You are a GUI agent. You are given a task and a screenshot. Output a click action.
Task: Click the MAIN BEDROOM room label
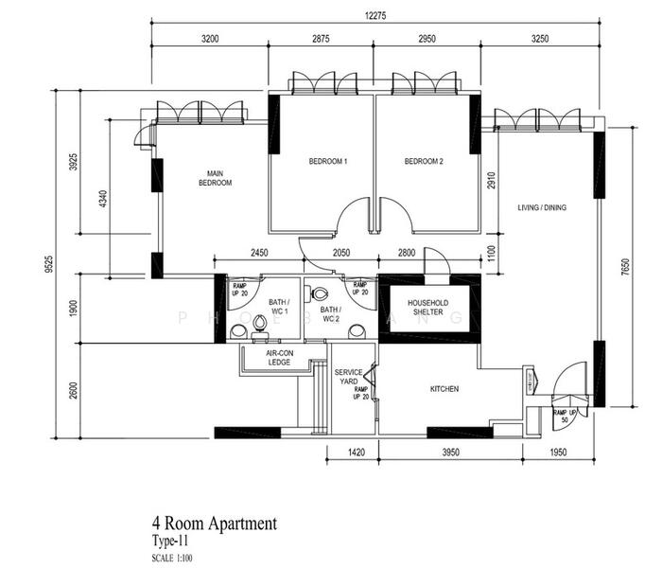215,178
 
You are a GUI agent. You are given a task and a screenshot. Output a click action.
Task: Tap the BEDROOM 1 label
328,162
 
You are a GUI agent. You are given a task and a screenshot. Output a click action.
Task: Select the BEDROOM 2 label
424,162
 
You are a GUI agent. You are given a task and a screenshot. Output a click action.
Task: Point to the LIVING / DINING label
542,207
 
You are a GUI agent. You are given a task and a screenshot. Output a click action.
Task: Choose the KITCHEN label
444,389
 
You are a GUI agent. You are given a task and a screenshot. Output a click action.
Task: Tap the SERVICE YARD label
349,378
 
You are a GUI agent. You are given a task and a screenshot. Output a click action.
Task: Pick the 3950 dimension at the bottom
450,453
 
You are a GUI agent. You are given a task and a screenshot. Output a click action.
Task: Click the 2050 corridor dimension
341,252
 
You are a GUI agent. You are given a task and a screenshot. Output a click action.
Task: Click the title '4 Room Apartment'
214,523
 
